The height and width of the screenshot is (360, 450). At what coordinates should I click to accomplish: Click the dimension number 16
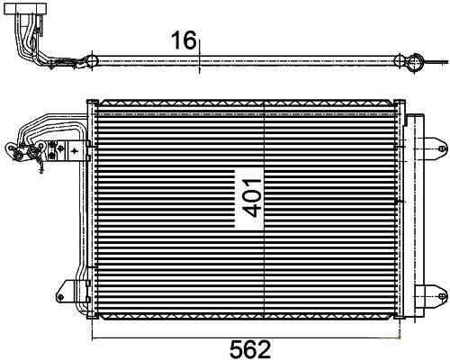point(184,40)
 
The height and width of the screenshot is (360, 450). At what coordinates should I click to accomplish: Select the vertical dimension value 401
point(252,198)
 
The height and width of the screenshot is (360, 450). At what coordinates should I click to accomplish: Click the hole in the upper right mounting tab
point(441,148)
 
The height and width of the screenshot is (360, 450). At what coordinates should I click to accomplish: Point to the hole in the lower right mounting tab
point(441,296)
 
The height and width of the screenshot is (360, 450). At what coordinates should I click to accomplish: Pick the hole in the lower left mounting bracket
point(61,297)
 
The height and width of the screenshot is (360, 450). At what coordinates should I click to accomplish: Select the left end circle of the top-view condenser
point(92,61)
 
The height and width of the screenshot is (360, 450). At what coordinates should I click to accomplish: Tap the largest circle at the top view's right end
point(416,62)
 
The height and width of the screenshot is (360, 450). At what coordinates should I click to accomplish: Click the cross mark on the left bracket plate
point(74,150)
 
